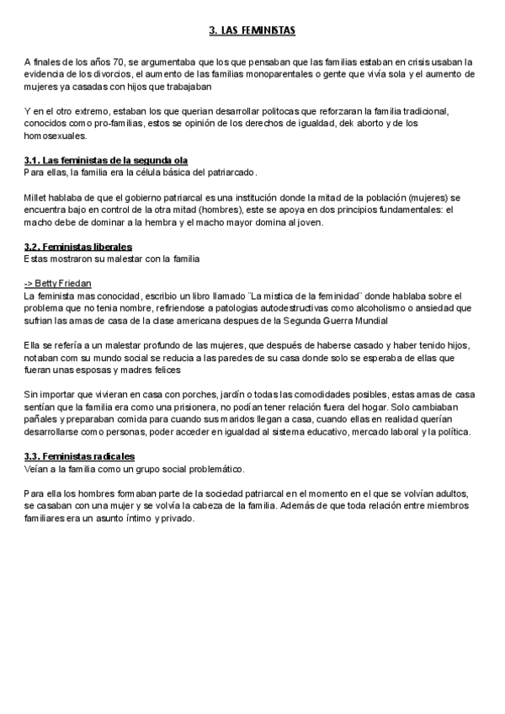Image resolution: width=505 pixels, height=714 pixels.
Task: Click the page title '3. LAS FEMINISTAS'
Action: pos(252,31)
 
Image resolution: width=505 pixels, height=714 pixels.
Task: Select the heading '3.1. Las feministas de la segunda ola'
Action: pos(106,160)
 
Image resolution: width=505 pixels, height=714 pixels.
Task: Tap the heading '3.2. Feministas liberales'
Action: pos(78,247)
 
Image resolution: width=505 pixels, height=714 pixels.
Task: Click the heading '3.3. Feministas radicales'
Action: pos(79,456)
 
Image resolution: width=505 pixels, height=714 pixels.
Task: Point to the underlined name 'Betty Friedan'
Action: pos(63,284)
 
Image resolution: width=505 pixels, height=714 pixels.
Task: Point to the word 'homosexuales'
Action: pos(55,136)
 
